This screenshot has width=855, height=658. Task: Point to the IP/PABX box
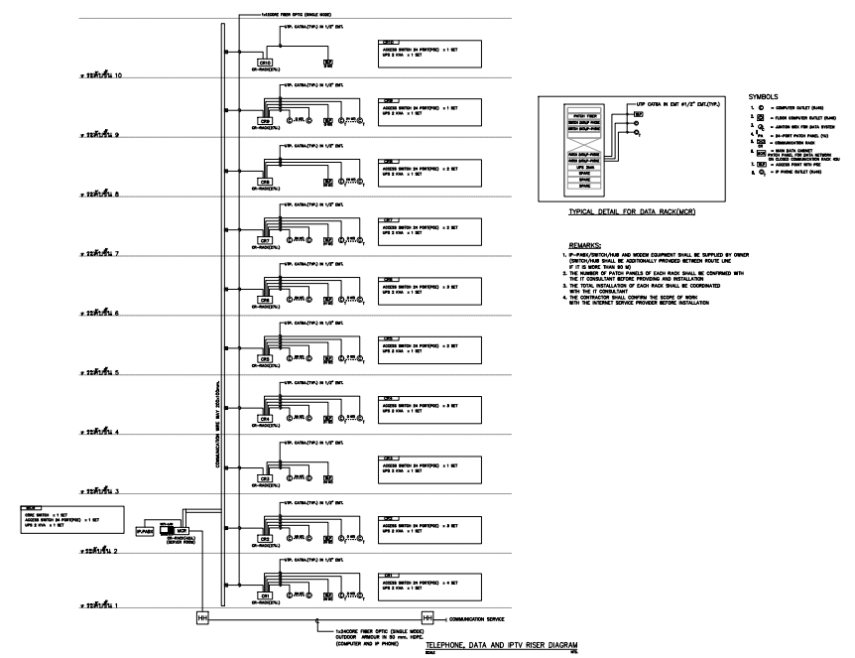click(x=144, y=532)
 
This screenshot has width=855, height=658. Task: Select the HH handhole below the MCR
click(x=203, y=618)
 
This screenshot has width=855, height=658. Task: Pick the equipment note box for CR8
click(x=424, y=166)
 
